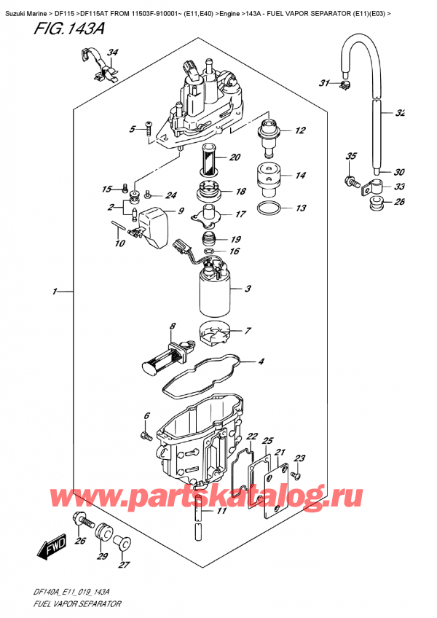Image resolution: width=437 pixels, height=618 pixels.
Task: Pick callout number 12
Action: [299, 131]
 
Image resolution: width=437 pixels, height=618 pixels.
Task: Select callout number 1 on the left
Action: [55, 292]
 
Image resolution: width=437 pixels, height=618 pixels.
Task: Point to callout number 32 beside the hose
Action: [400, 113]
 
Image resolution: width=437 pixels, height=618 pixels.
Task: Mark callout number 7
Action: [249, 330]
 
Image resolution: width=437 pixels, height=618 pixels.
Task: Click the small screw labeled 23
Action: [296, 476]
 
